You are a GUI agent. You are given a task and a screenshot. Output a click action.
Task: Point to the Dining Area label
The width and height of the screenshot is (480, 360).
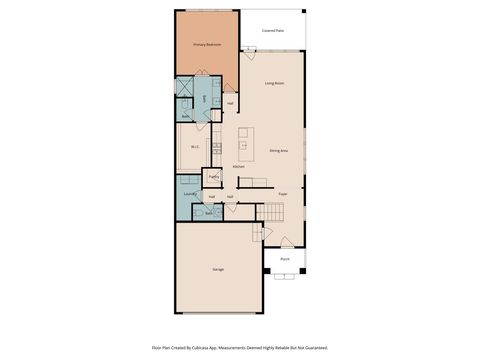279,151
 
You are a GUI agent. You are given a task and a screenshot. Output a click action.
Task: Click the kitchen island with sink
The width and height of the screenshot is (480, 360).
245,141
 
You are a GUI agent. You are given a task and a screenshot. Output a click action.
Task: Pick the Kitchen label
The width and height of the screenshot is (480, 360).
239,166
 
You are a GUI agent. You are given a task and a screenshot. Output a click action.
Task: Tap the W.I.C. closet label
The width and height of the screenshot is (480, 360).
195,147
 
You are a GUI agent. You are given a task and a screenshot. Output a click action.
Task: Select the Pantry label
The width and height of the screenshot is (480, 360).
214,177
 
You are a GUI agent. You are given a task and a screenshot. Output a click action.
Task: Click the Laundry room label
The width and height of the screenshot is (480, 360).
188,194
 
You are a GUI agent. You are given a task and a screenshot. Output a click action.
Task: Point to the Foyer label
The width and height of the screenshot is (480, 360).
283,193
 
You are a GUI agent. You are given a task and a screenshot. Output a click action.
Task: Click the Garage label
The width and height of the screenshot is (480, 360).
217,270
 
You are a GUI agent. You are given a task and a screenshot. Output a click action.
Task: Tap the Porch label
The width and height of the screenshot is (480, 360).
285,258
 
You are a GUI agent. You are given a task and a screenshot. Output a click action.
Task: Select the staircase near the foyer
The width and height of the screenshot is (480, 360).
275,211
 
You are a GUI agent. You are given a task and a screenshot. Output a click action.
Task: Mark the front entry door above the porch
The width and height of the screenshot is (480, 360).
286,242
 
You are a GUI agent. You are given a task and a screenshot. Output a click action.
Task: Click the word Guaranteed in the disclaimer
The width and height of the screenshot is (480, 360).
313,348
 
